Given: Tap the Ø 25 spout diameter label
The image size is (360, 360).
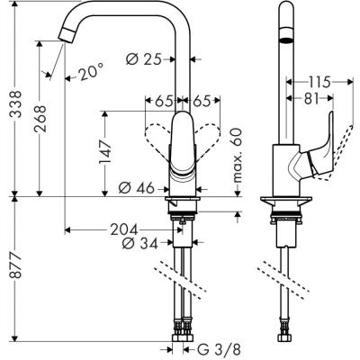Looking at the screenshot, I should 145,59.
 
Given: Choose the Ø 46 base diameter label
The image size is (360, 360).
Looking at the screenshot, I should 135,188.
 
